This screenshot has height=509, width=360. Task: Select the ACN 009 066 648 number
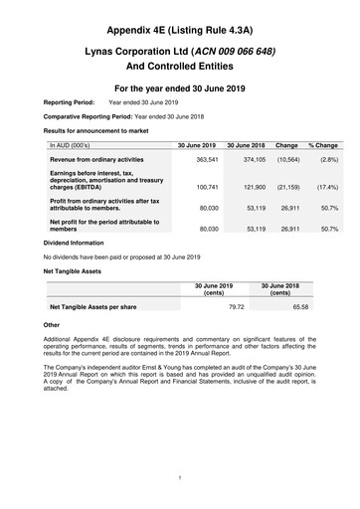click(x=238, y=50)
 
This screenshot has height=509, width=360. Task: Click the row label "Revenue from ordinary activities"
click(x=98, y=159)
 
